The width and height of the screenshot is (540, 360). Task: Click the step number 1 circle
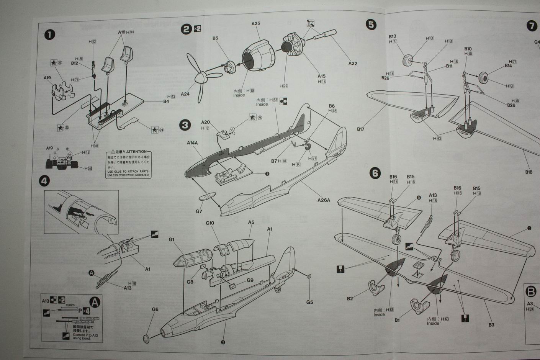pos(50,35)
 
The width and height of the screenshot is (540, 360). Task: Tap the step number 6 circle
pos(375,173)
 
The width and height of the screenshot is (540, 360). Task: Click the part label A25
pos(256,23)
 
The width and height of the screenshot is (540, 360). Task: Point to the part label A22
pos(353,63)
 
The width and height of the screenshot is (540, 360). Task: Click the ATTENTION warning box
pos(129,164)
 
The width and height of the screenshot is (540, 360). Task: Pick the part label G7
pos(199,211)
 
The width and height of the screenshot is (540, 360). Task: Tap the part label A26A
pos(324,200)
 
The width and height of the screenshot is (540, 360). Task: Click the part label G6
pos(155,309)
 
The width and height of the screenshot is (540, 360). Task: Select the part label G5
pos(309,302)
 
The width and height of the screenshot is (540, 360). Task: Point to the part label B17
pos(360,129)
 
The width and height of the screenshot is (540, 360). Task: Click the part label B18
pos(529,172)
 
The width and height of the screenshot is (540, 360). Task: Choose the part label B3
pos(491,325)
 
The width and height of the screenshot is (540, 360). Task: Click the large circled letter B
pos(531,292)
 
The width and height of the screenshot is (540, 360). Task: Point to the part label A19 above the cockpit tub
pos(47,78)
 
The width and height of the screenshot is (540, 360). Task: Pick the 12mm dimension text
pos(70,305)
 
